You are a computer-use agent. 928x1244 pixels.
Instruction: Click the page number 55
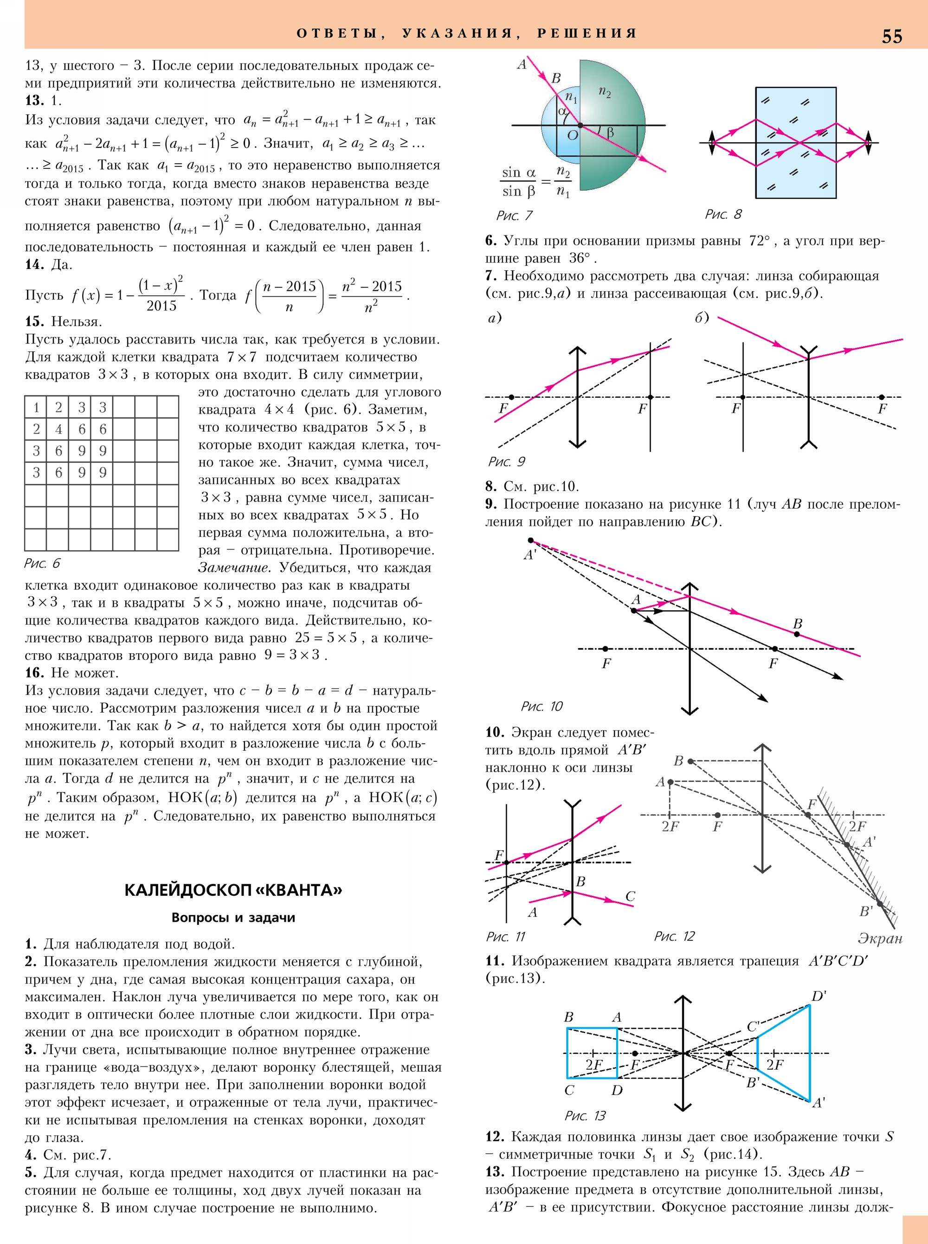[891, 37]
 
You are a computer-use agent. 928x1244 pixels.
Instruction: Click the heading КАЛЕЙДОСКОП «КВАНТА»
[232, 890]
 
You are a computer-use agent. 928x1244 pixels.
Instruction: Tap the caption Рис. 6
[42, 563]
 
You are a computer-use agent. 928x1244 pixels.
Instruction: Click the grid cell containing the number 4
[58, 429]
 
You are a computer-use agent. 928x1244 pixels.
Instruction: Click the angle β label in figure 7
[610, 133]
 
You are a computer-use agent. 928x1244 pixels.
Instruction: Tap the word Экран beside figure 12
[880, 938]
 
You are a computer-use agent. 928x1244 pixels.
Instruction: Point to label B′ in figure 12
[866, 911]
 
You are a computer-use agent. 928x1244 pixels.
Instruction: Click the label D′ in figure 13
[818, 996]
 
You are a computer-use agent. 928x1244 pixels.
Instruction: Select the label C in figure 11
[630, 897]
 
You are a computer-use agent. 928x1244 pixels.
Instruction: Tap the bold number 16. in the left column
[34, 672]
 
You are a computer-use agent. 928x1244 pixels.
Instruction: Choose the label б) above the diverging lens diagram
[702, 318]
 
